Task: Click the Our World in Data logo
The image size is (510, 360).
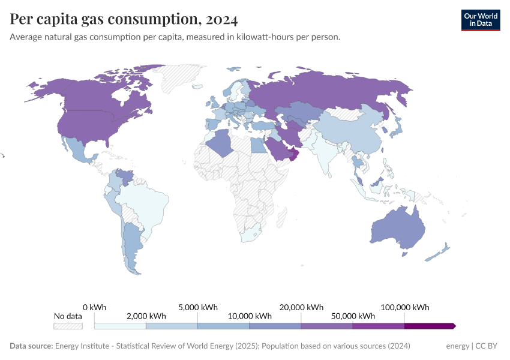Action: tap(480, 20)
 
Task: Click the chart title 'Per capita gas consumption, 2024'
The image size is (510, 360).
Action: tap(124, 20)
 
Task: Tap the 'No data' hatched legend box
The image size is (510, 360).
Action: tap(68, 326)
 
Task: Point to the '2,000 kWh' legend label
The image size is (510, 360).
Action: tap(146, 316)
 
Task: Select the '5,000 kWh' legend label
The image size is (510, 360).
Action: tap(198, 307)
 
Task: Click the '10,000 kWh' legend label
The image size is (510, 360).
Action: tap(250, 316)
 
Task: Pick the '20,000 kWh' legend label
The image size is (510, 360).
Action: tap(302, 307)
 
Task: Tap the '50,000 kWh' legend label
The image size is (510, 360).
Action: tap(353, 316)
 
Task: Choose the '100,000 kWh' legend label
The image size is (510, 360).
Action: tap(405, 307)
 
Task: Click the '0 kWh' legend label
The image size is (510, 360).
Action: tap(95, 307)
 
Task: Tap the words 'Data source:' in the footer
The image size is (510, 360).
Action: tap(31, 346)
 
